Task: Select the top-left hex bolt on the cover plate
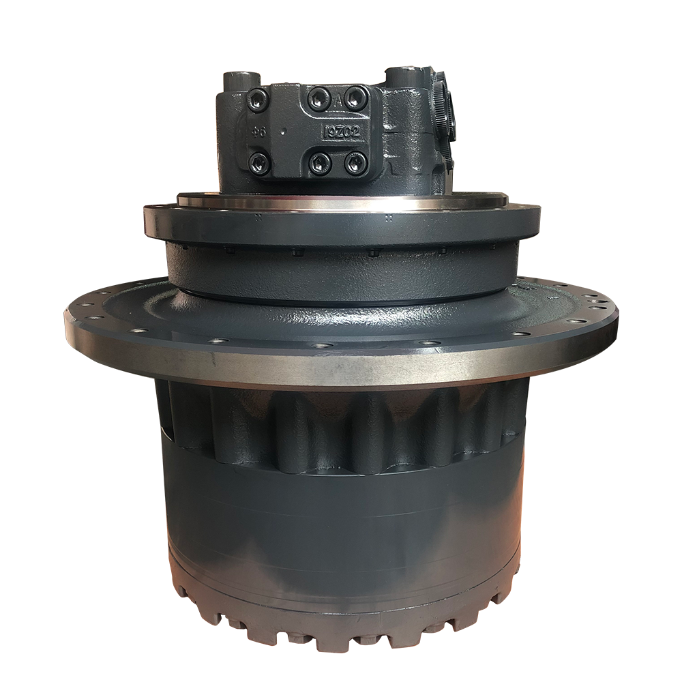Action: (257, 100)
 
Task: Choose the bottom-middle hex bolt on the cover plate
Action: (319, 162)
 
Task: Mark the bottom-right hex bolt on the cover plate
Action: (355, 162)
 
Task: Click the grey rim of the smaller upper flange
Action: (341, 228)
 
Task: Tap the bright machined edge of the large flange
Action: (341, 365)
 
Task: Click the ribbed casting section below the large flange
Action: (341, 426)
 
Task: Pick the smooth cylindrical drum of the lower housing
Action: (341, 518)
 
